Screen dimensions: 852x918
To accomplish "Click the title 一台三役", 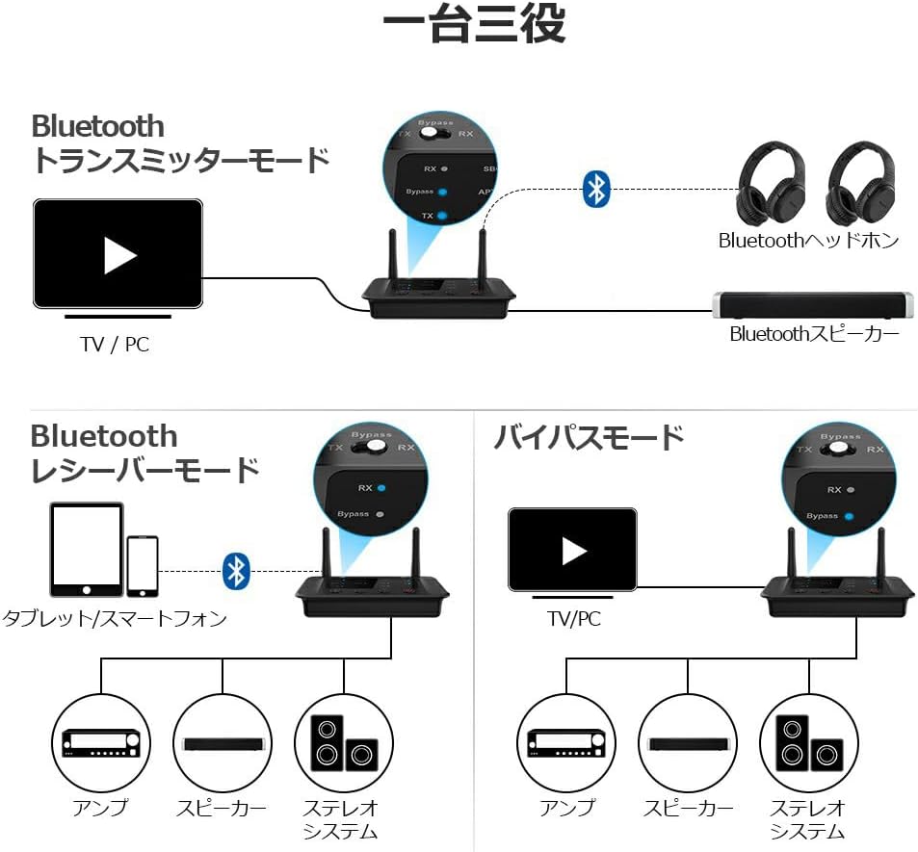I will (x=473, y=27).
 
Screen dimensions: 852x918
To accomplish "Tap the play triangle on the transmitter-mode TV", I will (x=119, y=254).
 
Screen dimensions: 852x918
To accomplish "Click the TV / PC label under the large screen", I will (x=115, y=344).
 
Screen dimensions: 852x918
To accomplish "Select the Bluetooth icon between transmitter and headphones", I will (x=597, y=190).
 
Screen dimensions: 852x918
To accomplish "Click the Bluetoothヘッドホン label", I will (x=808, y=241).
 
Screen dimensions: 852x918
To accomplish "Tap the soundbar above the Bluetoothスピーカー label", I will (x=812, y=305).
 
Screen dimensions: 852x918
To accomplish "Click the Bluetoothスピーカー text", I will (x=814, y=334).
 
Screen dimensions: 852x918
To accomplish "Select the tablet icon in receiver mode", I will (x=87, y=549).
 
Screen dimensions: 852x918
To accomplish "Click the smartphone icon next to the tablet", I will (x=143, y=566).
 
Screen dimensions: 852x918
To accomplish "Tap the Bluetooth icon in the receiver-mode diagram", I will (x=236, y=571).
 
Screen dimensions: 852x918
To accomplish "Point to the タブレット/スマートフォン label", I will (x=115, y=618).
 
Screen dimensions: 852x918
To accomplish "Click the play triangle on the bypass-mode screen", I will (x=574, y=551).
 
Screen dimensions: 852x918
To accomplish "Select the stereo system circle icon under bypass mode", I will (x=807, y=743).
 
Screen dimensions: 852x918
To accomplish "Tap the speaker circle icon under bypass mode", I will (x=687, y=743).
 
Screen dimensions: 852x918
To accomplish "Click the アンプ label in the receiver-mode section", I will (x=99, y=808).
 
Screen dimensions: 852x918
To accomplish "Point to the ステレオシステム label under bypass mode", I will (x=807, y=819).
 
